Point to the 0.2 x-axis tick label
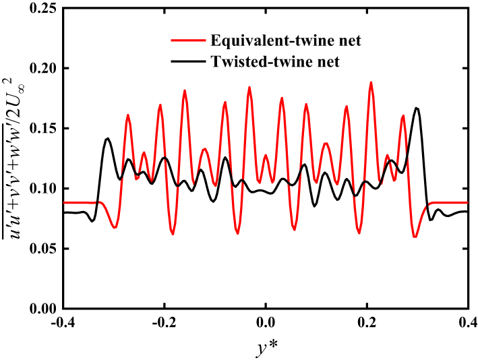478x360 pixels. point(367,322)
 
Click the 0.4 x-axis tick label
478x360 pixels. point(468,322)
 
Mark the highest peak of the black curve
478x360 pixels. point(417,108)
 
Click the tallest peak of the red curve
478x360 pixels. point(371,82)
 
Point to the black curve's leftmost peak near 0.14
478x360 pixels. point(108,139)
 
